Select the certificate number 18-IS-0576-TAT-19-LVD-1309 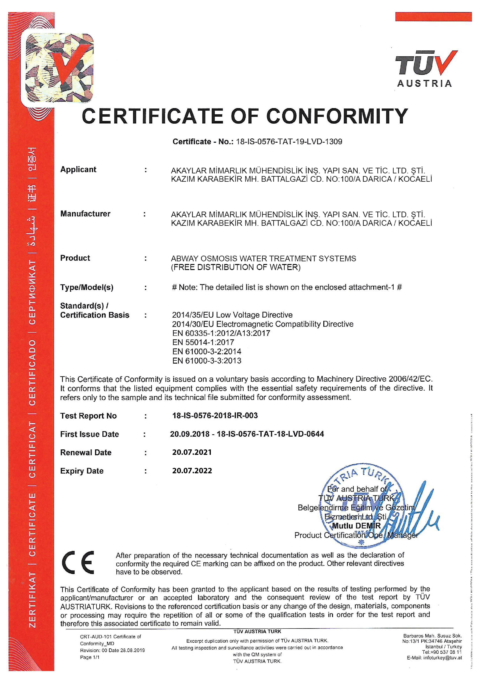289,142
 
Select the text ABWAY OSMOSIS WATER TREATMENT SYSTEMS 263,258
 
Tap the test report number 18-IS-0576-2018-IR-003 215,416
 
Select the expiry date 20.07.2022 192,471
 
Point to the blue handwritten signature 415,513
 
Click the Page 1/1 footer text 89,657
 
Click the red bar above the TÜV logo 433,17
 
